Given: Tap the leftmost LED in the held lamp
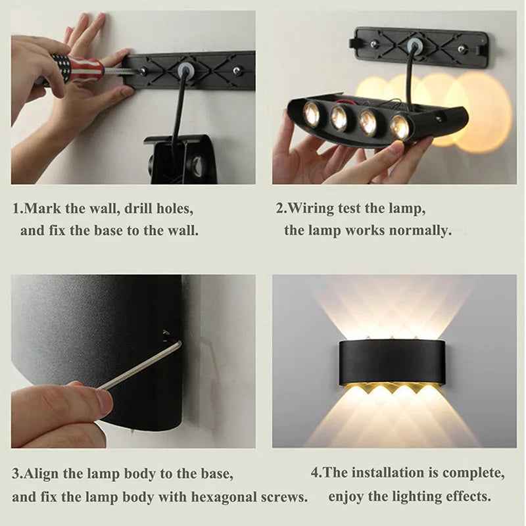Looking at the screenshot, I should (312, 113).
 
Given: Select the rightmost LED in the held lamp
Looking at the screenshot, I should (400, 128).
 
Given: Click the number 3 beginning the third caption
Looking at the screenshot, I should (16, 473).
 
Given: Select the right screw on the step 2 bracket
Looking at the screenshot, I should (462, 49).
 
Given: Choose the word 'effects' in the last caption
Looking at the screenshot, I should (469, 496).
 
